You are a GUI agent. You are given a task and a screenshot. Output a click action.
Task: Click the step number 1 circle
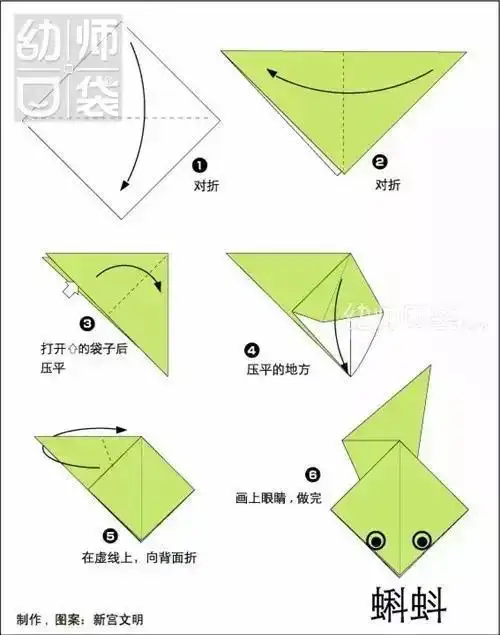[200, 165]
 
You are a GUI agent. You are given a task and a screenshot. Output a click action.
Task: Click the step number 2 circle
[379, 161]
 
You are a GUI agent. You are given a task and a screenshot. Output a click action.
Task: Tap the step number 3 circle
[87, 323]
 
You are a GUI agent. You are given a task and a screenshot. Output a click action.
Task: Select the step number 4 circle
[252, 349]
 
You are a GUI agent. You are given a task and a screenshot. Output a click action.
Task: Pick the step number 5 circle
[110, 537]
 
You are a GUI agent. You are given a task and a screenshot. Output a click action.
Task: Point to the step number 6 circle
[313, 473]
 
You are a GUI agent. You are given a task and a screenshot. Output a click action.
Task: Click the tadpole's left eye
[376, 541]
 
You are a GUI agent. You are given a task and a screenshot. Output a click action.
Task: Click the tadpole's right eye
[422, 541]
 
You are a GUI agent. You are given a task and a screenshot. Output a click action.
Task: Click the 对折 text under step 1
[207, 185]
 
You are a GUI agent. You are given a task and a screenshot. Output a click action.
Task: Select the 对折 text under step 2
[387, 185]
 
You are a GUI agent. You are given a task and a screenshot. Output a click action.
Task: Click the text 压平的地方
[279, 369]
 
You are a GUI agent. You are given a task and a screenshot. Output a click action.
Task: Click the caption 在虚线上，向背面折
[139, 557]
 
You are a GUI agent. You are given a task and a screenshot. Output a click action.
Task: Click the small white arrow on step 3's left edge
[67, 292]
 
